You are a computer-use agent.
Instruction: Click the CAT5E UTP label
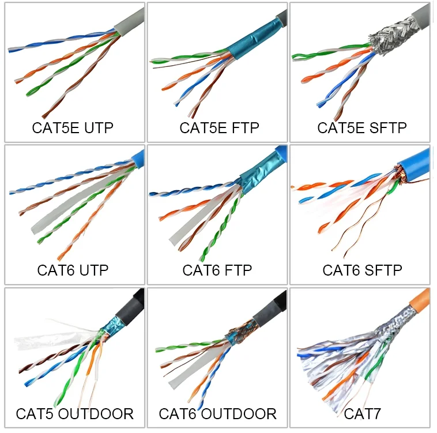point(73,127)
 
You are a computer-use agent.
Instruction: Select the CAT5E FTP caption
point(219,127)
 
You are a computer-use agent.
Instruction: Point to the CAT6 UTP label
point(73,270)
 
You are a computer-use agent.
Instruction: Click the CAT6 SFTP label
point(362,270)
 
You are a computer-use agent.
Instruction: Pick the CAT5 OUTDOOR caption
point(74,413)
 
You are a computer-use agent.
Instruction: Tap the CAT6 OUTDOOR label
point(217,413)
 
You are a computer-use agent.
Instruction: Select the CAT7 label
point(362,413)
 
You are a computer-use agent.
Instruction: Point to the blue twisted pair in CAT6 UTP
point(58,182)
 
